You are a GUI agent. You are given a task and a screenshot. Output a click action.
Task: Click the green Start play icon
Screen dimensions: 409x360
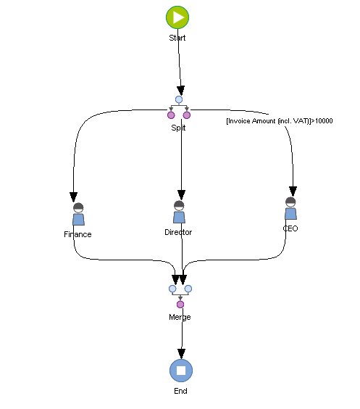(x=177, y=17)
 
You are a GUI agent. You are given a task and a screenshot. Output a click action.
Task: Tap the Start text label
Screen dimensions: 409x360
(x=177, y=38)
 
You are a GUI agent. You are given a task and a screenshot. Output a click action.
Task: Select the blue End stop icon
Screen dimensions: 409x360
(x=180, y=370)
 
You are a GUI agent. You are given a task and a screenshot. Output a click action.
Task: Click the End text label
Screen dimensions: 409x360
(x=180, y=391)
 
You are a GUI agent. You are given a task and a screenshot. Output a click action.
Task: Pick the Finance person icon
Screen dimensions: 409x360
(x=78, y=215)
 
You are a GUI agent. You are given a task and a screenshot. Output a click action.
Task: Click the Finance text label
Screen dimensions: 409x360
(x=78, y=234)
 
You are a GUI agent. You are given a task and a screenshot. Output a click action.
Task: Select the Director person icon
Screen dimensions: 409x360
(x=179, y=212)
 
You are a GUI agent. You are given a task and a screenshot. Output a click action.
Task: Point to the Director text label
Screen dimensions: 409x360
(x=178, y=232)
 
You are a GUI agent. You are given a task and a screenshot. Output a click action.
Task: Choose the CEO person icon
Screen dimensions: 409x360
(x=290, y=208)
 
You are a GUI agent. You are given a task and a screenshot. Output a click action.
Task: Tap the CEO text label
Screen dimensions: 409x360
(x=290, y=228)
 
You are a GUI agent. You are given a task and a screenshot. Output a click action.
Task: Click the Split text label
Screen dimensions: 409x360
(x=178, y=128)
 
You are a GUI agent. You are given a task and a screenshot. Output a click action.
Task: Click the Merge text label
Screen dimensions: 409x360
(x=180, y=317)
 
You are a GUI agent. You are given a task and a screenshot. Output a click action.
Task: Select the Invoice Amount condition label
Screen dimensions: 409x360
(x=280, y=121)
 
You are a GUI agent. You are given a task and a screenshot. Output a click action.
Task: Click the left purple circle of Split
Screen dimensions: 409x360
(x=171, y=115)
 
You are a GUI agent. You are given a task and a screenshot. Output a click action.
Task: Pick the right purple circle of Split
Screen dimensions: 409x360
(x=187, y=115)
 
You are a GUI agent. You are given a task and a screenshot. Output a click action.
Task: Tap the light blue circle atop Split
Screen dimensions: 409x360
(x=179, y=99)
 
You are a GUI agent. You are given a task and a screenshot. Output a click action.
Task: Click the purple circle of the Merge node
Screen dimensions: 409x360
(x=180, y=304)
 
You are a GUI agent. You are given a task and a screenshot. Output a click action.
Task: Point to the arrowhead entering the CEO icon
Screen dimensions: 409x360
(x=293, y=190)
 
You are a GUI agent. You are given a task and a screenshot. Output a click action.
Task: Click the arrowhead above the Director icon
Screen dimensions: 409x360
(x=181, y=194)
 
